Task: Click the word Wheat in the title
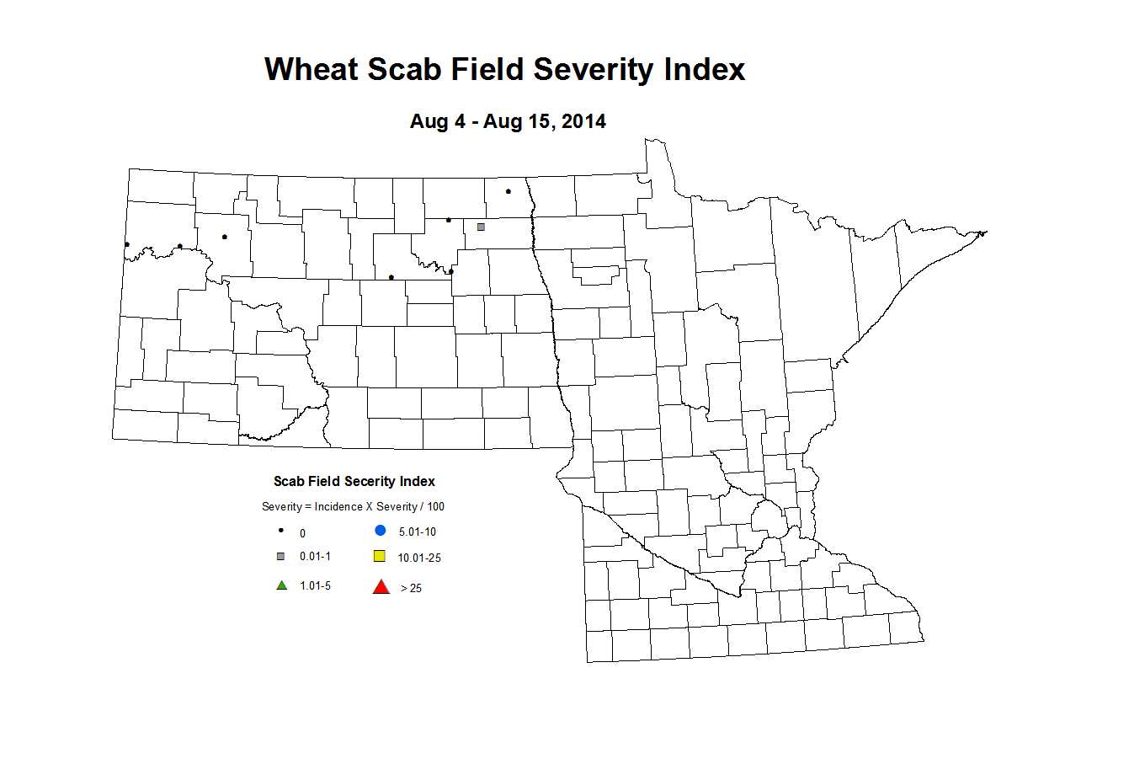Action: coord(311,69)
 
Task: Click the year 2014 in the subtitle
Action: coord(583,121)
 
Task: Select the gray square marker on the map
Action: coord(481,227)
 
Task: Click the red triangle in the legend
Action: coord(381,587)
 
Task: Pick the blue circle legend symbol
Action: coord(381,531)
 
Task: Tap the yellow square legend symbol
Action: coord(380,556)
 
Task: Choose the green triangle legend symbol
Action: coord(282,585)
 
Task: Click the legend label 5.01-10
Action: coord(418,532)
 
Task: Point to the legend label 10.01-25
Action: coord(419,558)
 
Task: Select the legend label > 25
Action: coord(411,588)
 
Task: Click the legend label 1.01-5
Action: coord(315,585)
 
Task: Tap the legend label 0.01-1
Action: coord(315,556)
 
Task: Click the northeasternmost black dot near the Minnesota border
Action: coord(509,191)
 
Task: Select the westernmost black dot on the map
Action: coord(127,244)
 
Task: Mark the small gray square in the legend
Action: coord(281,556)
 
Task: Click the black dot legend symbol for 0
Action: coord(281,531)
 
